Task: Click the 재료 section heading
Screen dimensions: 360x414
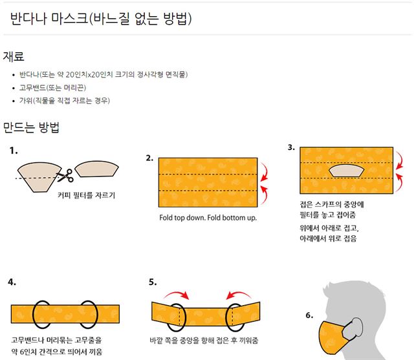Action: click(14, 57)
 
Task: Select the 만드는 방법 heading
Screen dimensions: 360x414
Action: click(32, 127)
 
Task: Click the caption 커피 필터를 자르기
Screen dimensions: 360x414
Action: click(87, 194)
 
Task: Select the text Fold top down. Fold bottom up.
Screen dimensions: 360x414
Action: click(208, 218)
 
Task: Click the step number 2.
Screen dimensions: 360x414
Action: click(149, 158)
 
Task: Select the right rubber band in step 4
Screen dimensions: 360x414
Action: click(89, 313)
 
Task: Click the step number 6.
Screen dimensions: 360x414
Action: click(309, 315)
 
